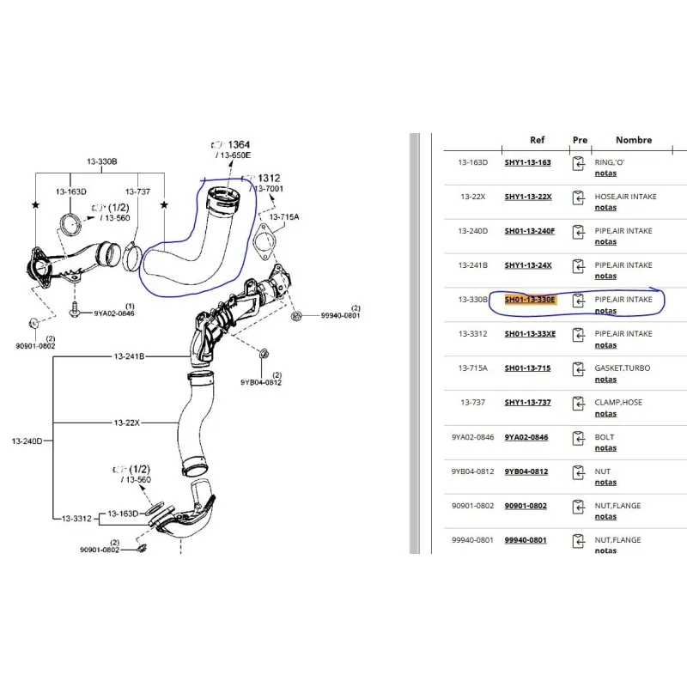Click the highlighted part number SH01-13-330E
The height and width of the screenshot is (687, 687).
coord(529,300)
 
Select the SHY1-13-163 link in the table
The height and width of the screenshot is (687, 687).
coord(527,162)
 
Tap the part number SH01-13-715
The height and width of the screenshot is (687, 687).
coord(527,368)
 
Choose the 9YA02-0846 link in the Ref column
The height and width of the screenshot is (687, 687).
coord(526,437)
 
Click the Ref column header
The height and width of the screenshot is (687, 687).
coord(537,140)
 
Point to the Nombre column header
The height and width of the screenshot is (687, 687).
coord(634,140)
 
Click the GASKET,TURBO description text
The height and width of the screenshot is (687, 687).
coord(623,368)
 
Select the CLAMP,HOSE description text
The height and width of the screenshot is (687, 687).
coord(618,403)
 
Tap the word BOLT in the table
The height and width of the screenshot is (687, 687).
coord(605,437)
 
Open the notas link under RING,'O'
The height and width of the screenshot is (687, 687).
coord(605,173)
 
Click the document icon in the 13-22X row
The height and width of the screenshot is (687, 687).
coord(579,200)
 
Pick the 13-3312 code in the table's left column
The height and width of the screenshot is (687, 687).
coord(472,334)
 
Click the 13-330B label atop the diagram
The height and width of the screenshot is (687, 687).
coord(101,161)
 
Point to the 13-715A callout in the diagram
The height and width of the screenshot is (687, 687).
coord(283,217)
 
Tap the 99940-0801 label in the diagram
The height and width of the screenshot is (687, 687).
coord(340,315)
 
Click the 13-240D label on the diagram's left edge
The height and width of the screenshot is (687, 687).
coord(27,441)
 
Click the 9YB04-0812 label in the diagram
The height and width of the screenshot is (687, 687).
coord(261,382)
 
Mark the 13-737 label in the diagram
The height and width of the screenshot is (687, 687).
coord(137,192)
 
